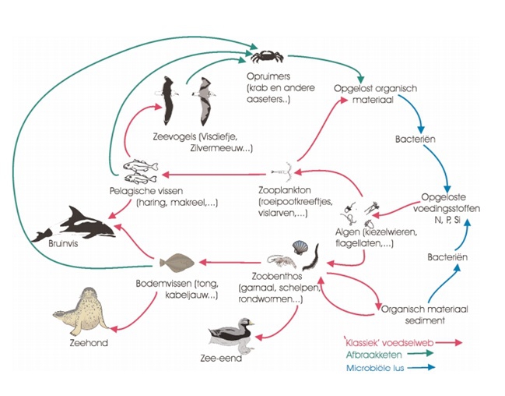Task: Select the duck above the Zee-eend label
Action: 232,333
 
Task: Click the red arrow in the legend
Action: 444,342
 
